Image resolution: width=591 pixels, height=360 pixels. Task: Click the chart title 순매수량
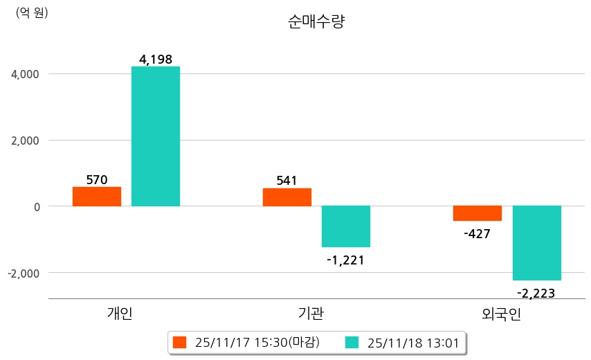pyautogui.click(x=316, y=21)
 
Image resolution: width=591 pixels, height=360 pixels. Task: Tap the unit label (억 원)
pyautogui.click(x=32, y=12)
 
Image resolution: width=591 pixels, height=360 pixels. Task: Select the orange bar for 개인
pyautogui.click(x=97, y=197)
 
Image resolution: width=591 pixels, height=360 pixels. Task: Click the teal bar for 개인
pyautogui.click(x=156, y=136)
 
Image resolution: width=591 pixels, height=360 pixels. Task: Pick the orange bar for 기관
pyautogui.click(x=287, y=197)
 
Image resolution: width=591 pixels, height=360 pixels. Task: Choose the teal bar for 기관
pyautogui.click(x=346, y=226)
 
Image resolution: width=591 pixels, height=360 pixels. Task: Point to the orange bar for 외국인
pyautogui.click(x=478, y=213)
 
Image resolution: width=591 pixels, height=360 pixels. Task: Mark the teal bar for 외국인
pyautogui.click(x=536, y=243)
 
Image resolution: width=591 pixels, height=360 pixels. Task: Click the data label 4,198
pyautogui.click(x=156, y=60)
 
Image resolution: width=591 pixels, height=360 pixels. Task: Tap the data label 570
pyautogui.click(x=97, y=180)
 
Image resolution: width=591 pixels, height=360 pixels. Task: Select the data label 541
pyautogui.click(x=287, y=181)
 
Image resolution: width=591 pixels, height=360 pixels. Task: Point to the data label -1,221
pyautogui.click(x=345, y=260)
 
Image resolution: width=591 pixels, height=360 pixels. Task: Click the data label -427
pyautogui.click(x=477, y=234)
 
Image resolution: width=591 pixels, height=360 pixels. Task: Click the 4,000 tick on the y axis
pyautogui.click(x=26, y=74)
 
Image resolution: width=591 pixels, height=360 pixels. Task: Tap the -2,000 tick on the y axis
pyautogui.click(x=23, y=273)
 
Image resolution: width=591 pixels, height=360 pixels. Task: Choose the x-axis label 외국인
pyautogui.click(x=501, y=315)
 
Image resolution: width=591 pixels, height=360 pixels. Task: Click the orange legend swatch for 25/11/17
pyautogui.click(x=180, y=342)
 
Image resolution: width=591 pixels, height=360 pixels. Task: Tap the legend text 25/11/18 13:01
pyautogui.click(x=413, y=342)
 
